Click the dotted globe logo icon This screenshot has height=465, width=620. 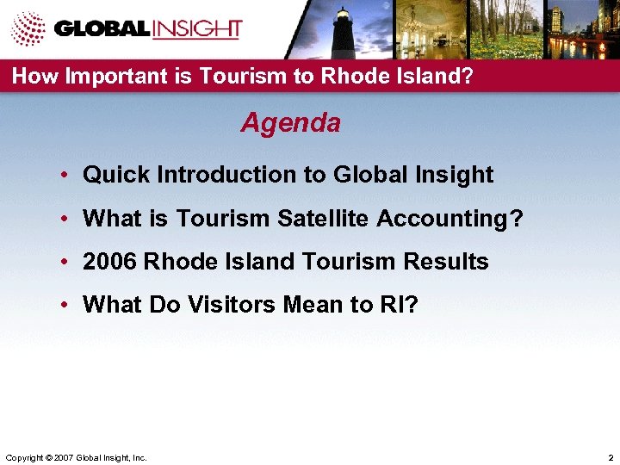coord(28,28)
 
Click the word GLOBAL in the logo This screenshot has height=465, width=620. coord(102,28)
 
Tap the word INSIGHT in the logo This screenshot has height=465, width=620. coord(195,28)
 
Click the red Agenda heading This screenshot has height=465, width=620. coord(290,123)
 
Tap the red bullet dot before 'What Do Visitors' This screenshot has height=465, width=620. coord(65,306)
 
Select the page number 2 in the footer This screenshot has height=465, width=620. coord(610,456)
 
